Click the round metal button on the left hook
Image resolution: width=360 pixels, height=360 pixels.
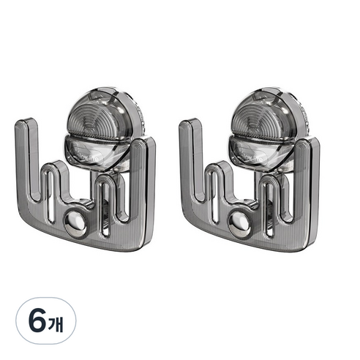pyautogui.click(x=75, y=225)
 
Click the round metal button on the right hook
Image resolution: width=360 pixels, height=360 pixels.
pyautogui.click(x=239, y=225)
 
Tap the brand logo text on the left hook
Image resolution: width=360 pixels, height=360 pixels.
pyautogui.click(x=93, y=158)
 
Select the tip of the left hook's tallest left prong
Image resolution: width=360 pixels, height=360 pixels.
pyautogui.click(x=26, y=120)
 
